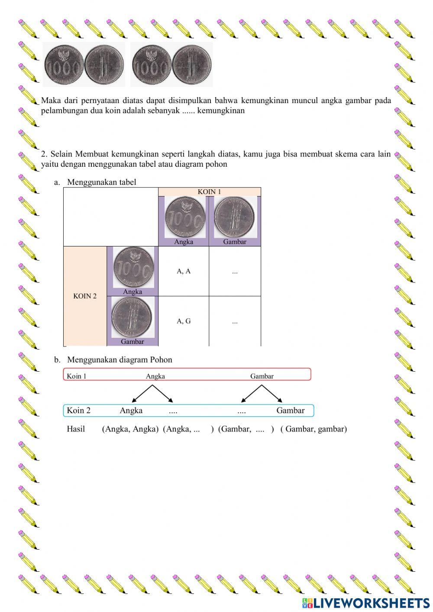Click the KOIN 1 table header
210,191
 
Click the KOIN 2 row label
85,296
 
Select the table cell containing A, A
184,271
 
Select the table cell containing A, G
184,321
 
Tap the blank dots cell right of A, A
235,272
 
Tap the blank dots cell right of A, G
235,321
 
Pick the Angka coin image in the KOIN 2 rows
133,267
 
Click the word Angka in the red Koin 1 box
155,376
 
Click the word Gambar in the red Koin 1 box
262,376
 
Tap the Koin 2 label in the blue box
78,410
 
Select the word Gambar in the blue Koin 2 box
290,410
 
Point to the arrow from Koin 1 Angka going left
142,393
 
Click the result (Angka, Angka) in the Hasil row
130,429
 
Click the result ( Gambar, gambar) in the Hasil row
313,429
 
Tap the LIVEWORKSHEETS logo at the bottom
366,602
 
